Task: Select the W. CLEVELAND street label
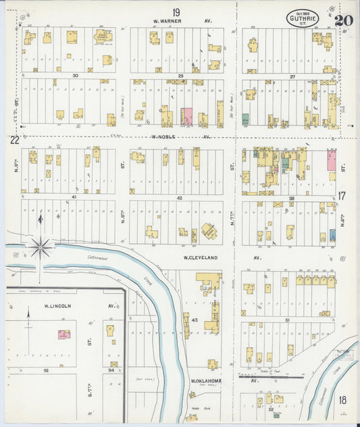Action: [x=196, y=257]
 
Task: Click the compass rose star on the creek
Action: [x=41, y=249]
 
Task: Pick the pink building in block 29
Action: [x=186, y=116]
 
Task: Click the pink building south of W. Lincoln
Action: [x=64, y=334]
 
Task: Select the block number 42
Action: [x=180, y=198]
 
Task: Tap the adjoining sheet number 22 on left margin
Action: [x=14, y=140]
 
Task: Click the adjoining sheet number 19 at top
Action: [x=176, y=12]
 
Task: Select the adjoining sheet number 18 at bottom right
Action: [x=342, y=400]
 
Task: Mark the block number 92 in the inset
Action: [x=47, y=370]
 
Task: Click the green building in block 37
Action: [x=245, y=119]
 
